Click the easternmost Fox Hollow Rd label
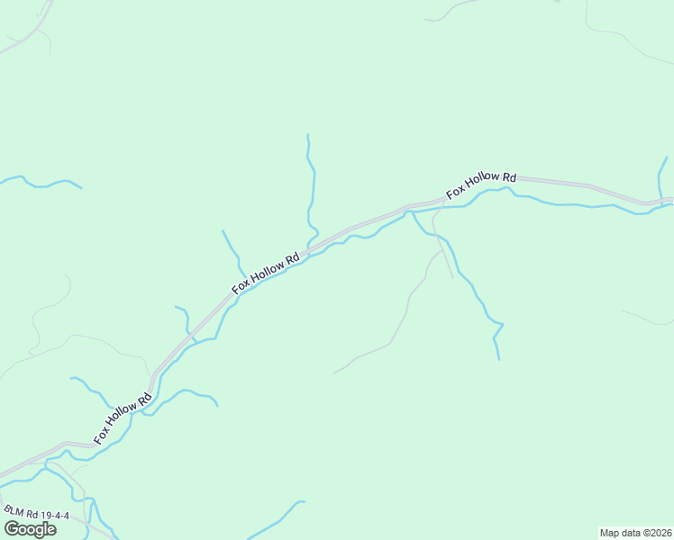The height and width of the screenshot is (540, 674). pos(481,185)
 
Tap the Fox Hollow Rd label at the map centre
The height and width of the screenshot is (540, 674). pos(265,274)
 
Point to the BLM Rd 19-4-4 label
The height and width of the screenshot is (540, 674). pos(35,515)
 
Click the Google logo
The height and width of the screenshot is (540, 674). pos(29,529)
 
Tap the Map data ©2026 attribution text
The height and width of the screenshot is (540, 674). pos(635,533)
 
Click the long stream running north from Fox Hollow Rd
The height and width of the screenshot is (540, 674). pos(313,189)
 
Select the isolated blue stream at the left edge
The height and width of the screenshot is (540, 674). pos(41,184)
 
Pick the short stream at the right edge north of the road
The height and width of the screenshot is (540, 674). pos(662,175)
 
